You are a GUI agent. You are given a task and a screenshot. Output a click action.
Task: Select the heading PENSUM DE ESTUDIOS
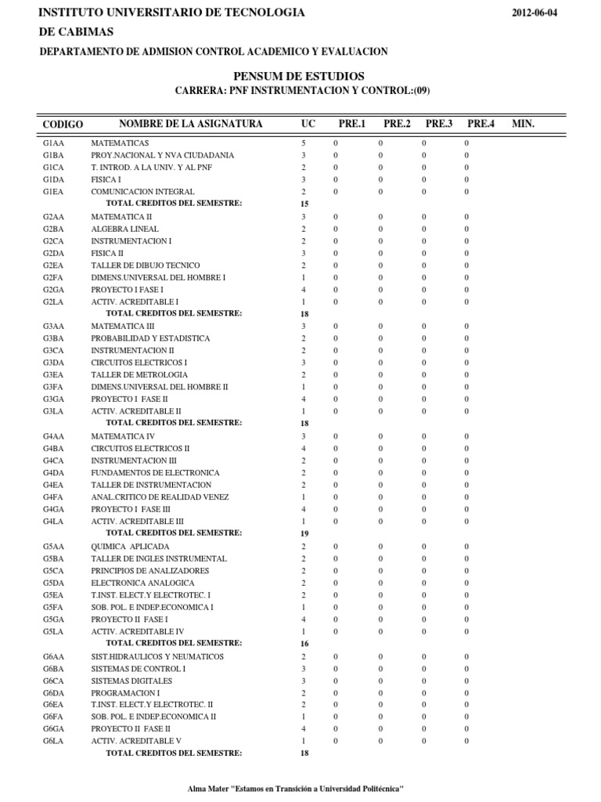(x=299, y=76)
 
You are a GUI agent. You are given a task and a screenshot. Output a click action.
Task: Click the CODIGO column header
(x=63, y=125)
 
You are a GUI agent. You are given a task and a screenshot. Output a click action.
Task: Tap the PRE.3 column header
(x=439, y=124)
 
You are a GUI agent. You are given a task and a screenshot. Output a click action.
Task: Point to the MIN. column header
(x=523, y=124)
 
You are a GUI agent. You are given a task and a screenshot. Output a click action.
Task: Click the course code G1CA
(x=54, y=168)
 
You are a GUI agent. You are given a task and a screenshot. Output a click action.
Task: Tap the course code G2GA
(x=54, y=290)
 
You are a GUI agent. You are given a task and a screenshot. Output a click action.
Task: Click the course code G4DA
(x=54, y=473)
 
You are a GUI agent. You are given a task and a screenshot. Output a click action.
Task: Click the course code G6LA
(x=54, y=741)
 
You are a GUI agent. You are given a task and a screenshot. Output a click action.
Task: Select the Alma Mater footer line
(x=296, y=789)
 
